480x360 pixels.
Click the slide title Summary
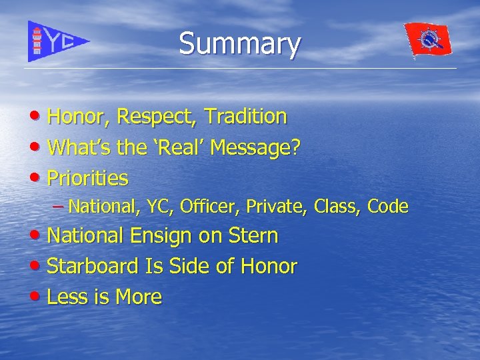point(239,44)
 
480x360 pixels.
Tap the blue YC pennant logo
point(57,41)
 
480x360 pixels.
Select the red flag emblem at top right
point(427,40)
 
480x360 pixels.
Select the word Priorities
point(88,179)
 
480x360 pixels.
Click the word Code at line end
point(387,207)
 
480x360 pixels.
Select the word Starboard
point(93,267)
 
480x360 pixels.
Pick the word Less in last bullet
point(67,297)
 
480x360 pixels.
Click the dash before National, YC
point(58,207)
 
